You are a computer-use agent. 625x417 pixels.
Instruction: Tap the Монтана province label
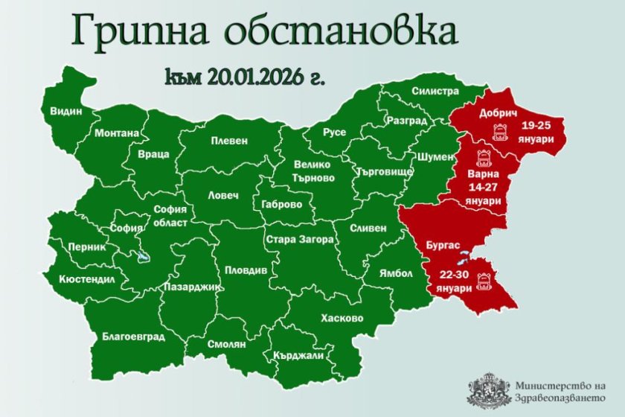tap(117, 133)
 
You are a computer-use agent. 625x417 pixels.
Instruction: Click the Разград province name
tap(406, 121)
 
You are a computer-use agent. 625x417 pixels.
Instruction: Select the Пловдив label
tap(246, 271)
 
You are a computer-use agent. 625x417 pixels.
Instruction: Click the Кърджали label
tap(298, 356)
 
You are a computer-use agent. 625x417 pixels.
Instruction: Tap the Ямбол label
tap(395, 273)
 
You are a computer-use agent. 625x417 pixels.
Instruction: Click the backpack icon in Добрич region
tap(500, 132)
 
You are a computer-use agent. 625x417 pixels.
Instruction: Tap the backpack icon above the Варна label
tap(476, 155)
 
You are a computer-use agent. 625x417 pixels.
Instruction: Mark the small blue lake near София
tap(141, 258)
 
